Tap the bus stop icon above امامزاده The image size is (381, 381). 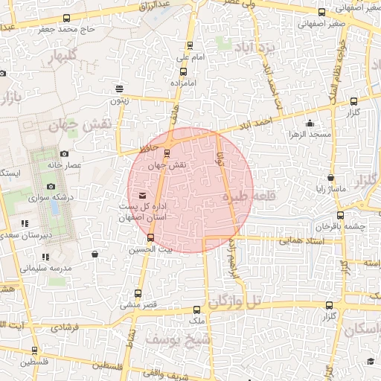pos(183,72)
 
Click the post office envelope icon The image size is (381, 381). pos(142,195)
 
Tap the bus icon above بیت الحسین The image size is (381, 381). pos(151,238)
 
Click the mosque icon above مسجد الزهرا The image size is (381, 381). pos(307,124)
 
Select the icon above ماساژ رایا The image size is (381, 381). pos(330,178)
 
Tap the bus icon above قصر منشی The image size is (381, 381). pos(138,293)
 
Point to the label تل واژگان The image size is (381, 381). pos(237,302)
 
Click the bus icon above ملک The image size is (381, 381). pos(196,310)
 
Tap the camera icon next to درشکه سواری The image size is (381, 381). pos(51,186)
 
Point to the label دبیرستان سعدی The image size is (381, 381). pos(51,234)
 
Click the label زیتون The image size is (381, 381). pos(119,100)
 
